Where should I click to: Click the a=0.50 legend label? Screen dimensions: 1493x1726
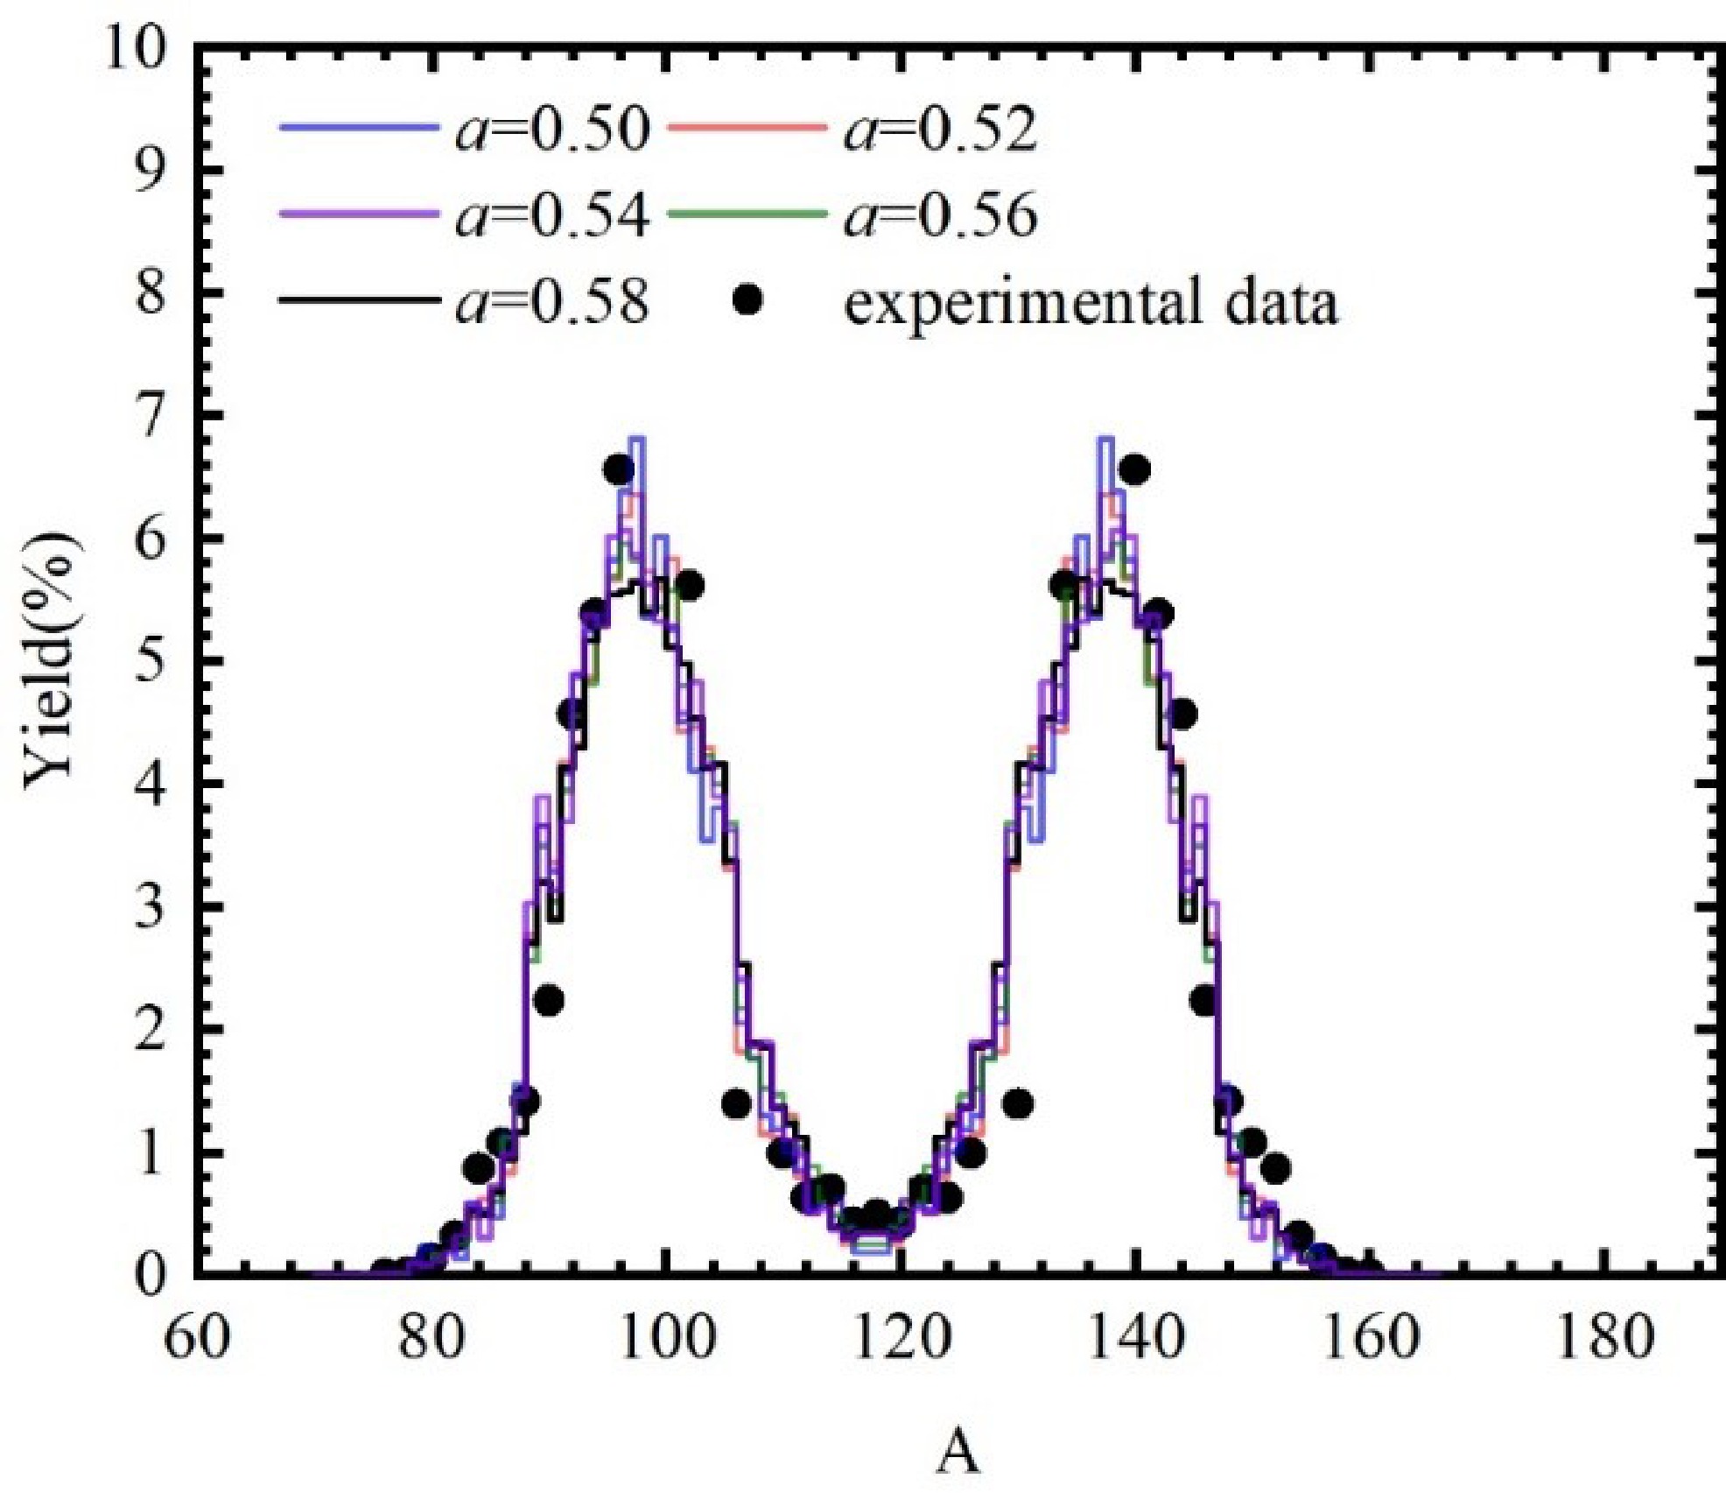pyautogui.click(x=551, y=130)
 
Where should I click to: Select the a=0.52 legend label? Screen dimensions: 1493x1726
pyautogui.click(x=940, y=130)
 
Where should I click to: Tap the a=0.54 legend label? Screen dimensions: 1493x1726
pyautogui.click(x=551, y=215)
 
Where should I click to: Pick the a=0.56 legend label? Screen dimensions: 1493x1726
pyautogui.click(x=940, y=215)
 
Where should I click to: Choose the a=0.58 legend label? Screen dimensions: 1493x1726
pyautogui.click(x=551, y=302)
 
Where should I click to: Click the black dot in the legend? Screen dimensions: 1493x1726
pyautogui.click(x=748, y=301)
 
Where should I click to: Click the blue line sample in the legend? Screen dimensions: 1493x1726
pyautogui.click(x=358, y=129)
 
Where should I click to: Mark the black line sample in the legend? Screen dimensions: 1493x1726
pyautogui.click(x=358, y=301)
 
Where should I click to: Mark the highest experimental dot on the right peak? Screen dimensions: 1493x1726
pyautogui.click(x=1134, y=470)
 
